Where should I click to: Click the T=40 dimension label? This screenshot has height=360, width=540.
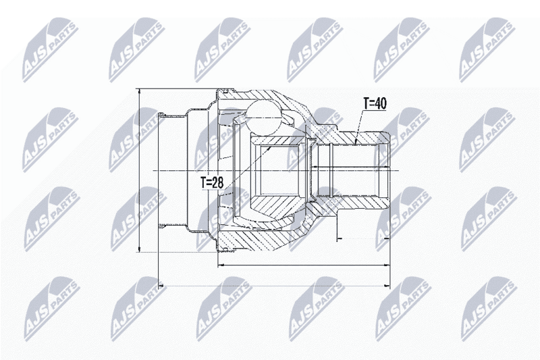click(x=375, y=103)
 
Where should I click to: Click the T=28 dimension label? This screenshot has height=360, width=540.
click(x=212, y=182)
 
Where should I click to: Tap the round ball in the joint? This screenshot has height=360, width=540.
click(x=263, y=115)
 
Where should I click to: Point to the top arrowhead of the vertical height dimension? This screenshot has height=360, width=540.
click(x=139, y=92)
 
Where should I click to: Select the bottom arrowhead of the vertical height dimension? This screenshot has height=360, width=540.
click(x=139, y=249)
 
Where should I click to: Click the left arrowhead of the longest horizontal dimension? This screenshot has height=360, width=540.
click(x=161, y=286)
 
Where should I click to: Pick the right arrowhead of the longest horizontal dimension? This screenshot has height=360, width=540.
click(x=387, y=286)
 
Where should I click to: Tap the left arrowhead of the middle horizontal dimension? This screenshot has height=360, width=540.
click(x=221, y=265)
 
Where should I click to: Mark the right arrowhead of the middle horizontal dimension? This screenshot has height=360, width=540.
click(x=387, y=265)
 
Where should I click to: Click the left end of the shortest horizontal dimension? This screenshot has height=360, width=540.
click(x=337, y=238)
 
